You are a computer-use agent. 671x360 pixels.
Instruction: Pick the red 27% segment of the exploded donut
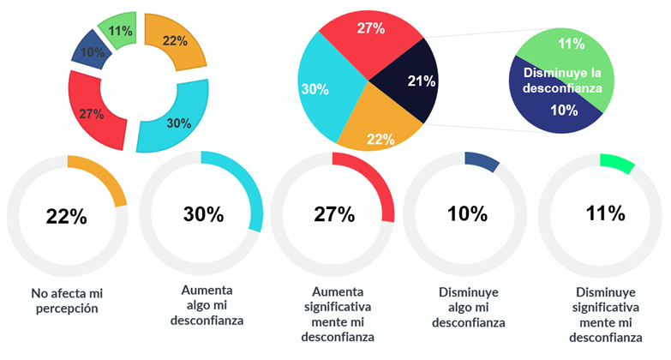coord(93,112)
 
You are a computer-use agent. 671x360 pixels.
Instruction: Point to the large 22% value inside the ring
coord(66,217)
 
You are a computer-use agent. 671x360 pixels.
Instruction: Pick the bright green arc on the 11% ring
coord(618,164)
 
